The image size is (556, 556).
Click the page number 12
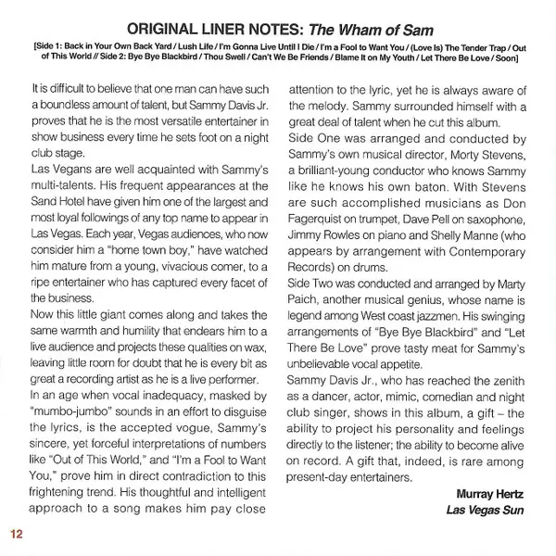pyautogui.click(x=18, y=535)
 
